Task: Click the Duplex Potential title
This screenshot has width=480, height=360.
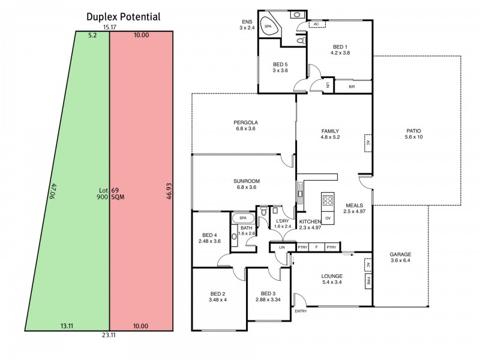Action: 124,17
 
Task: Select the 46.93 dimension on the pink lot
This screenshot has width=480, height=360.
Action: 169,191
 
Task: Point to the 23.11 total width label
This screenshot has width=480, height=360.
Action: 109,335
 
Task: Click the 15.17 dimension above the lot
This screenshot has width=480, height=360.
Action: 109,27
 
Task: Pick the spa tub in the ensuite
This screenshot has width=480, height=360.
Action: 269,26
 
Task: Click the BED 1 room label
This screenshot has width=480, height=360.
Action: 340,47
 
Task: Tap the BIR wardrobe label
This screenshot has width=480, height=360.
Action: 352,86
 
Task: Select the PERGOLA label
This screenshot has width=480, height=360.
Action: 245,122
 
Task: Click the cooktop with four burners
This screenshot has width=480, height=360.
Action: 328,201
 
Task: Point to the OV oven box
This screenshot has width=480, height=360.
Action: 328,218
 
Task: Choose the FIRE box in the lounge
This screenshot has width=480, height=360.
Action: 368,281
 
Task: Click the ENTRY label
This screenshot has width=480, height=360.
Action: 301,311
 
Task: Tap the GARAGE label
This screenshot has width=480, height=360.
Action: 400,254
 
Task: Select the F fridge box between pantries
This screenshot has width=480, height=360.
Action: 317,247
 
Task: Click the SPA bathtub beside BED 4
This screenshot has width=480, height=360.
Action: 243,218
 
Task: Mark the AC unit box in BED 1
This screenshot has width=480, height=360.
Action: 317,24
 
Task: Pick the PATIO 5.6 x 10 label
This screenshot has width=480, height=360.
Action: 414,134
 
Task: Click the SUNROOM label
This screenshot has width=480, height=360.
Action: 247,181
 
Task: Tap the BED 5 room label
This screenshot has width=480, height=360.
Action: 280,65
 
